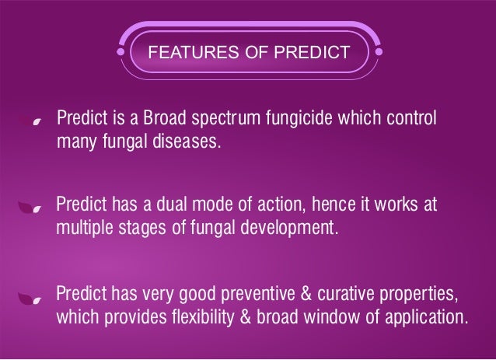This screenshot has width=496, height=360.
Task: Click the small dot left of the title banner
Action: point(121,53)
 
